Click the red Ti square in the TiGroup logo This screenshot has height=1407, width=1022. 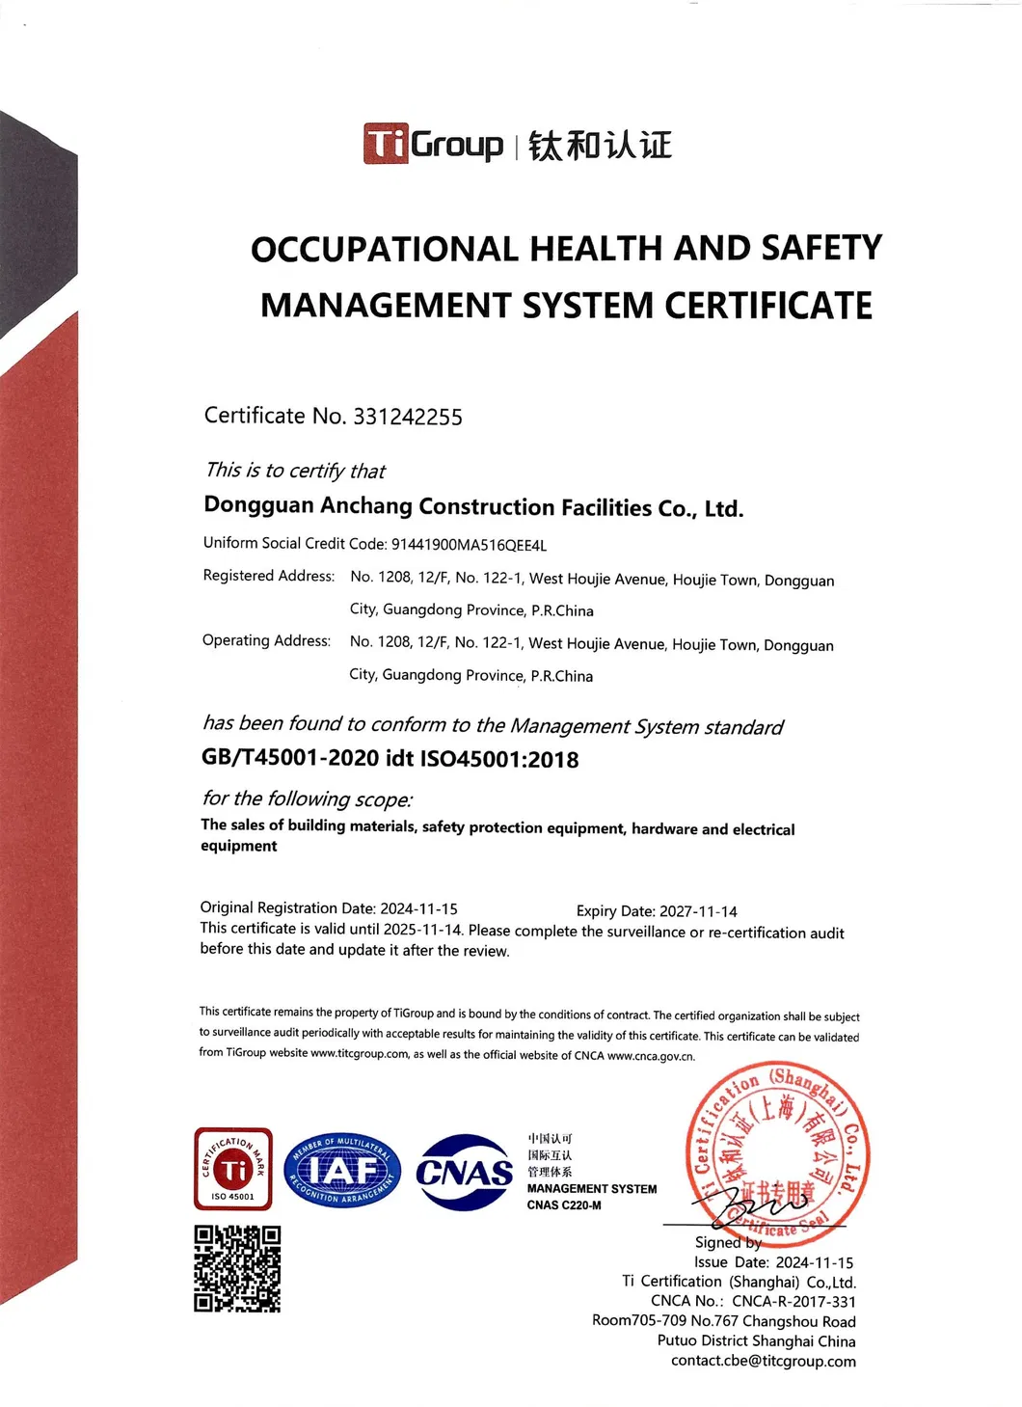point(385,144)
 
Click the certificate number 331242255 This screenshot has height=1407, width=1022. point(408,417)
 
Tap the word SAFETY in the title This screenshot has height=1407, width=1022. point(821,248)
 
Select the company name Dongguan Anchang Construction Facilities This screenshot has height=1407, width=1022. point(472,507)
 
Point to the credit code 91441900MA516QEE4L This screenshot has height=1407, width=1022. point(469,545)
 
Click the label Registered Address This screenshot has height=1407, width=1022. point(269,576)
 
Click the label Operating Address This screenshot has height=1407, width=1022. point(266,640)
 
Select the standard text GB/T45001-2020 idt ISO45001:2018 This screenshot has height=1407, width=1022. point(390,759)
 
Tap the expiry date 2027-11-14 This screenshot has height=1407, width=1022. point(698,911)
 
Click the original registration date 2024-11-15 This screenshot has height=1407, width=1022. point(418,908)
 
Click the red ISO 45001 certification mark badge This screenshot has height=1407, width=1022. point(233,1169)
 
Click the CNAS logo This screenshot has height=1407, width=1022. point(465,1172)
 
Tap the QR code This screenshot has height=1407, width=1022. point(237,1268)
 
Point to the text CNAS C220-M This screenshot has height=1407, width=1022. point(564,1205)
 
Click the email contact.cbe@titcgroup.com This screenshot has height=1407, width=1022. point(763,1361)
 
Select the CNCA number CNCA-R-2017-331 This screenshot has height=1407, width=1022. point(793,1301)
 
